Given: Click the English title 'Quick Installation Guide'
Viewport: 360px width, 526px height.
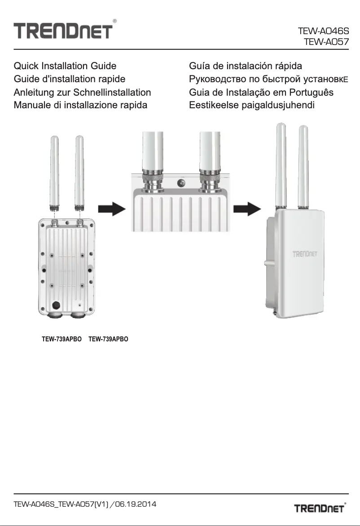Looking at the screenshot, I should [65, 66].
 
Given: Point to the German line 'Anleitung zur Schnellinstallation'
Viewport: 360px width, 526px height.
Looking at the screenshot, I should [82, 93].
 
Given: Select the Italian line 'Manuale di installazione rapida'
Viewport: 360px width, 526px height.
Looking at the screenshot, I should [80, 106].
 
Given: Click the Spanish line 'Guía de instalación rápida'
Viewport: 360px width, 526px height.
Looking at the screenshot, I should [246, 66].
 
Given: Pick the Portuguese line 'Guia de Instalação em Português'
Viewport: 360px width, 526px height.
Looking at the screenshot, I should [261, 93].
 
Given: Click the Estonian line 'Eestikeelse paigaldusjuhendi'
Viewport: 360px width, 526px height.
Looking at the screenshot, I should [251, 106].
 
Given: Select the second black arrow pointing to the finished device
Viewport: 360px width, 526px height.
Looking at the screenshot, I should [248, 208].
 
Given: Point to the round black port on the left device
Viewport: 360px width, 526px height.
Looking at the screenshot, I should [57, 305].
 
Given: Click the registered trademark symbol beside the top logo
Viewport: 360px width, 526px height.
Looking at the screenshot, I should [115, 21].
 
